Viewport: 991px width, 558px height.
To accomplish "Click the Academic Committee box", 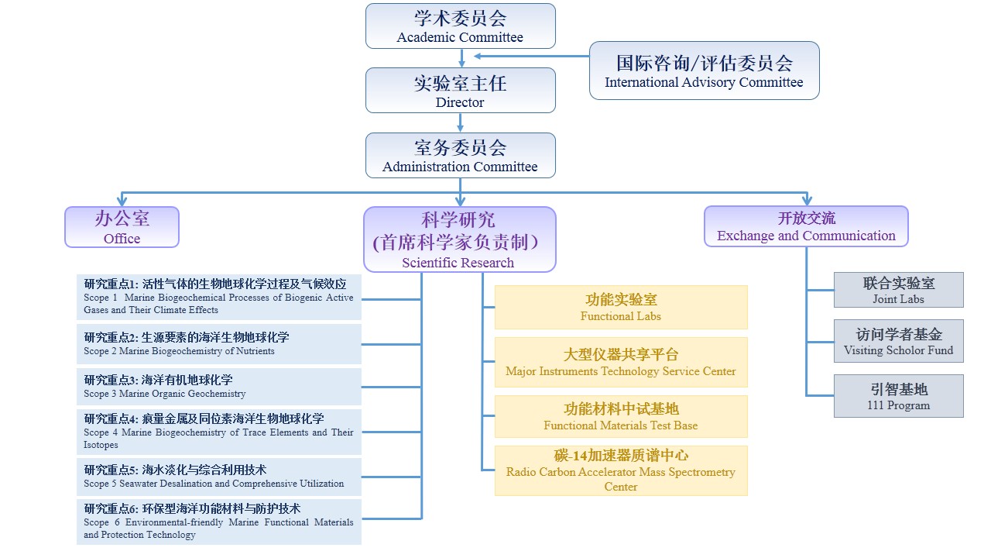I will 461,26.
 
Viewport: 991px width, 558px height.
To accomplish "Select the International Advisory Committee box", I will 704,71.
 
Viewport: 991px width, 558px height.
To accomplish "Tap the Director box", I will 461,90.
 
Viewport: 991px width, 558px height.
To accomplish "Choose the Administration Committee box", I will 461,155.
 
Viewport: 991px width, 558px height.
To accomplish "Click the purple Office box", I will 122,227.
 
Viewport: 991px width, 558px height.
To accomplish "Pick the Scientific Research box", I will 460,239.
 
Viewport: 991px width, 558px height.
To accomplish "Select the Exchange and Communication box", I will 806,226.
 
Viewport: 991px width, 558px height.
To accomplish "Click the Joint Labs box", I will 898,290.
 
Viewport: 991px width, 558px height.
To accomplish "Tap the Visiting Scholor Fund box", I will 898,341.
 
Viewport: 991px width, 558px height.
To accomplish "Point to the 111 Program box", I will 898,396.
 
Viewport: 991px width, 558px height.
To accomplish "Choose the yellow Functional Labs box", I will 621,307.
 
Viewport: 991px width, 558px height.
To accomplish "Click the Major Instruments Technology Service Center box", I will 621,362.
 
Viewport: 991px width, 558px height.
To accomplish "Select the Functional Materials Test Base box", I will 621,416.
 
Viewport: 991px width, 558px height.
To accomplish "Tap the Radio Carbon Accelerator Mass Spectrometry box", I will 621,470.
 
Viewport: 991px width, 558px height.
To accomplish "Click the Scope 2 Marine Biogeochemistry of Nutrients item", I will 218,344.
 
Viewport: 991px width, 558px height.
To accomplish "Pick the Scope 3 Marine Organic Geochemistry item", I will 218,386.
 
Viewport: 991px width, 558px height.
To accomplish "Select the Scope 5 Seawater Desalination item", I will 218,477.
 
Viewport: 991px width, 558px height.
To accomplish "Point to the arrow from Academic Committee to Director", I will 461,58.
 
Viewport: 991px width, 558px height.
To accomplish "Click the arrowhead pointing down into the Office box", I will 122,201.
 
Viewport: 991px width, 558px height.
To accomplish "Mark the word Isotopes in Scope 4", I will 101,446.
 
